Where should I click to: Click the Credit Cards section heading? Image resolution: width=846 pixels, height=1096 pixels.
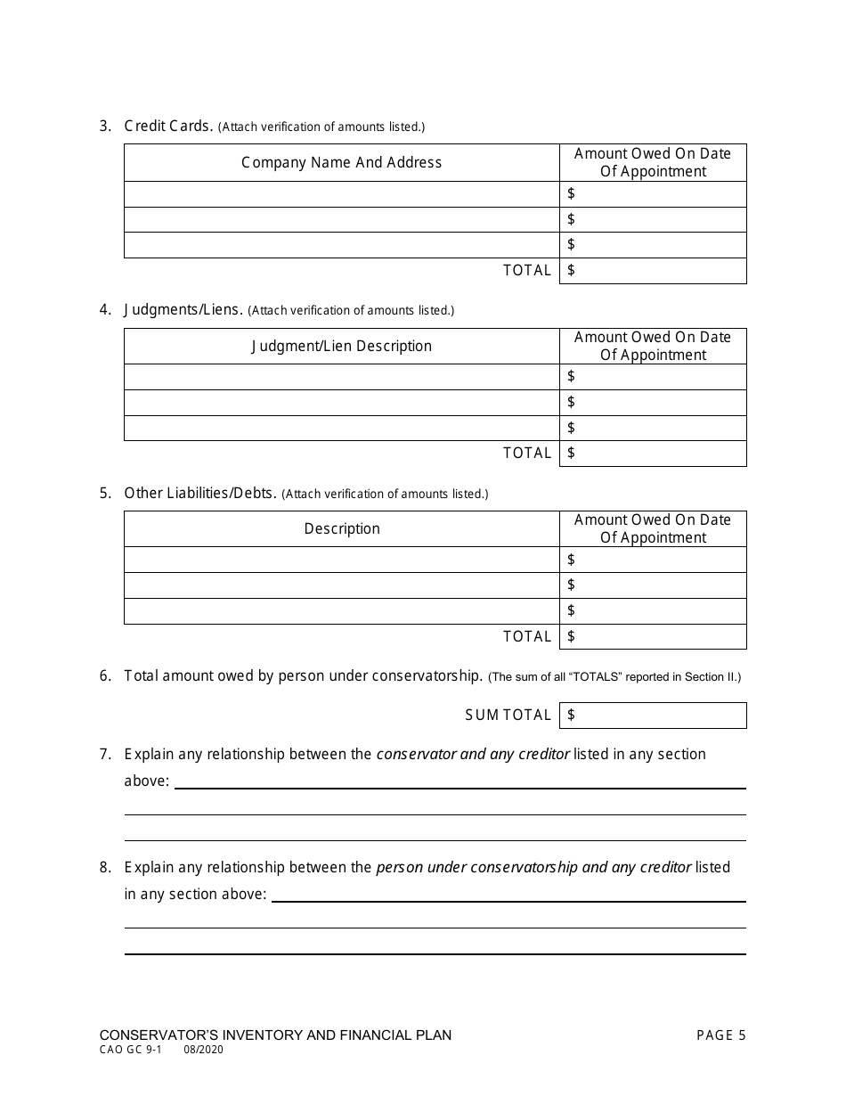(x=168, y=126)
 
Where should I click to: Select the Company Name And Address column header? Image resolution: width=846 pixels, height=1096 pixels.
(x=341, y=162)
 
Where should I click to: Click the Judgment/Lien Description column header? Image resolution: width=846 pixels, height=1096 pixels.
(x=341, y=346)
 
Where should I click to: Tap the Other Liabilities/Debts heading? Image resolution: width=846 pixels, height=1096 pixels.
(x=200, y=493)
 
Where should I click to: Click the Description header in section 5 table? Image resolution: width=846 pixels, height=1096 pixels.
(x=341, y=528)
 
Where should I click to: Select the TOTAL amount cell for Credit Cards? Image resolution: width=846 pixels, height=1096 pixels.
(x=653, y=270)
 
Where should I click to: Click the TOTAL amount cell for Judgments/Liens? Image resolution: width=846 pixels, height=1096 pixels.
(x=653, y=453)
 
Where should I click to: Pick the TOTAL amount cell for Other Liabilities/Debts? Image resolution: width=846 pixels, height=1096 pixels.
(x=653, y=636)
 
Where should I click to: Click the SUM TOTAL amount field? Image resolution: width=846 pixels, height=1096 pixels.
(x=653, y=715)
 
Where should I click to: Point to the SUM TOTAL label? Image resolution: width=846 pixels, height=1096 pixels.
(x=508, y=715)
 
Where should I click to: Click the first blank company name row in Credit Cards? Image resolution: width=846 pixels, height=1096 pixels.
(x=341, y=194)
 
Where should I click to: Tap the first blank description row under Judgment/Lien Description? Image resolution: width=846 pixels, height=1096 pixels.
(x=341, y=377)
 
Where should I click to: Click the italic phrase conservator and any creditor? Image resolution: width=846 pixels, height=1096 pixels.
(x=473, y=754)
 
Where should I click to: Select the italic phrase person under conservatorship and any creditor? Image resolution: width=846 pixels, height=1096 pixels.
(x=533, y=867)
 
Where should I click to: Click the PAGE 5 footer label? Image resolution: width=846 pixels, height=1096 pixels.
(x=720, y=1035)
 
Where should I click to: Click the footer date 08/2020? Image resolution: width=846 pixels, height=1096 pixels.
(x=204, y=1050)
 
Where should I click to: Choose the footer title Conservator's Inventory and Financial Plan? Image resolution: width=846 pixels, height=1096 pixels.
(x=275, y=1035)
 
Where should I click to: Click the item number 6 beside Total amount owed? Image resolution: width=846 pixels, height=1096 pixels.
(x=105, y=675)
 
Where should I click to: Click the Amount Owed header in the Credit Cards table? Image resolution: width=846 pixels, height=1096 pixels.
(x=653, y=162)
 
